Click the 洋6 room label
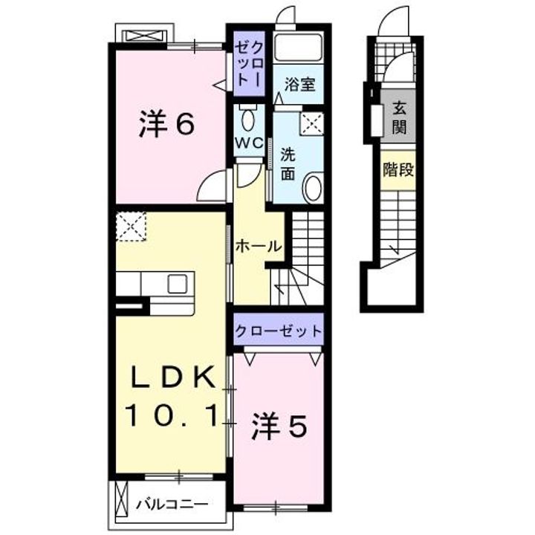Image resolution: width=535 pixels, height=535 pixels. (x=167, y=125)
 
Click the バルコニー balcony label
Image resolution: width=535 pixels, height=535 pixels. (x=172, y=505)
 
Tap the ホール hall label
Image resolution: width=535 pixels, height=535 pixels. (x=258, y=245)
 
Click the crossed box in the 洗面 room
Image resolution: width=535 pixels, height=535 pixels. (x=312, y=124)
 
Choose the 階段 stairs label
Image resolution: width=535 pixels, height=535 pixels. (x=398, y=169)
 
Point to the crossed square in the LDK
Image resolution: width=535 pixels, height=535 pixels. (x=132, y=227)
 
